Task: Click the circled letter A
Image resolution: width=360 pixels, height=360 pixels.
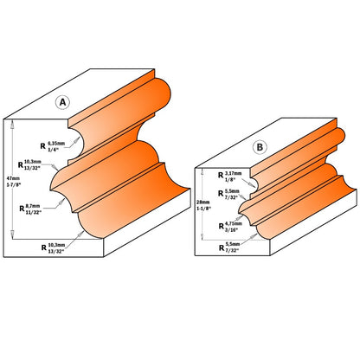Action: [62, 102]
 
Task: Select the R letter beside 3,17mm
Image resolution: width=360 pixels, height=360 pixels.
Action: [217, 177]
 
